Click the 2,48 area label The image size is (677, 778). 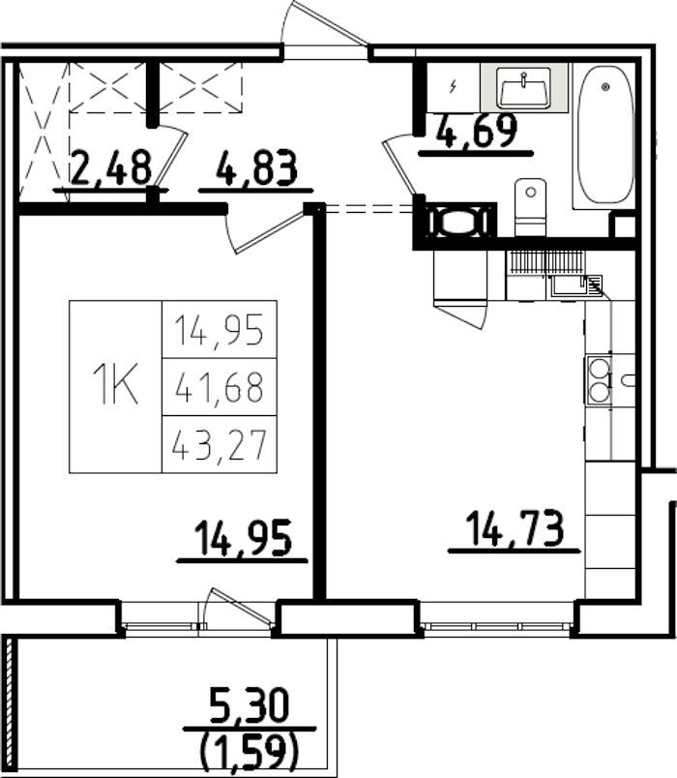(x=111, y=168)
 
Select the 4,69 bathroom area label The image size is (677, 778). (x=476, y=132)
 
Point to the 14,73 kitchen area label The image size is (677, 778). (x=514, y=531)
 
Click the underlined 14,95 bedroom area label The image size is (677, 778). (x=243, y=539)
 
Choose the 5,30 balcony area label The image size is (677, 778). (x=249, y=707)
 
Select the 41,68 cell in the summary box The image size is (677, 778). (x=219, y=387)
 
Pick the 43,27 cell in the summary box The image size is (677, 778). (x=219, y=445)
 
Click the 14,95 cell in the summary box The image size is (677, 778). (x=219, y=330)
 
